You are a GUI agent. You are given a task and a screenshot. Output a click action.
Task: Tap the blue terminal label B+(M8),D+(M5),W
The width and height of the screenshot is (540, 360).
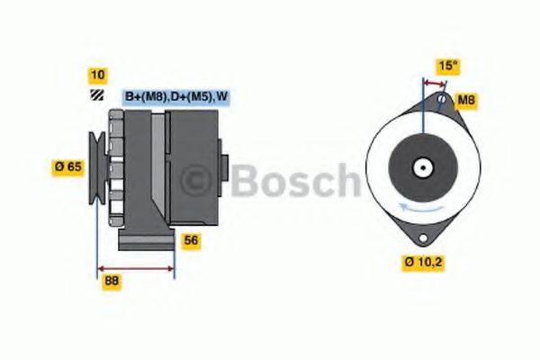point(174,96)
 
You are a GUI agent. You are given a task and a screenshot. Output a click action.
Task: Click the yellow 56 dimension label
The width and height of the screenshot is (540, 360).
point(191,240)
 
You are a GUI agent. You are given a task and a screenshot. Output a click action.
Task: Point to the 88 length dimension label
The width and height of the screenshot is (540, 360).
point(112,280)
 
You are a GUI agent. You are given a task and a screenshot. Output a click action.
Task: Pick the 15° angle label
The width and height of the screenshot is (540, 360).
point(446,66)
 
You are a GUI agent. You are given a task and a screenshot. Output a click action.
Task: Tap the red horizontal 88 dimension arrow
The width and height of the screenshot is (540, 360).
point(135,267)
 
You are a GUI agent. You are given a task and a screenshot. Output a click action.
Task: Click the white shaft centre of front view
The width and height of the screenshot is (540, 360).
point(421,166)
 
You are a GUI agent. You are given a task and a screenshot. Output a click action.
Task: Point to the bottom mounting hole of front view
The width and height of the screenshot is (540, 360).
point(420,236)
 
